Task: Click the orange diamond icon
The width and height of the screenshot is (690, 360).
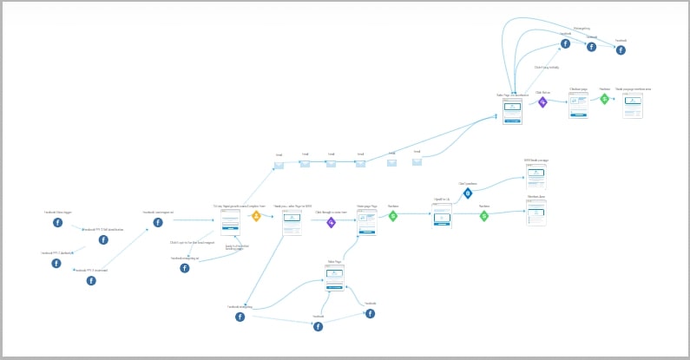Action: [256, 216]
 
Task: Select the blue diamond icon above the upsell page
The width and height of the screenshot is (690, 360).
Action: [468, 193]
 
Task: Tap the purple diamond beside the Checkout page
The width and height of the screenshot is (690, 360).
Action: [543, 101]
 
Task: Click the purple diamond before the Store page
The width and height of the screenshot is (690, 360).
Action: [331, 222]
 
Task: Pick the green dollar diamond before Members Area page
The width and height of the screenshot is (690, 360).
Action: [484, 216]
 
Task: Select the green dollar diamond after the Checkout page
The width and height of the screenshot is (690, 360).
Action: [605, 99]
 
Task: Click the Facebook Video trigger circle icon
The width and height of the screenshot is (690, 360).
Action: [58, 223]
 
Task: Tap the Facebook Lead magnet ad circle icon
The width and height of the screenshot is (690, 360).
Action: [158, 223]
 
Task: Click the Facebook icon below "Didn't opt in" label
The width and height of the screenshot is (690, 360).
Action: [185, 269]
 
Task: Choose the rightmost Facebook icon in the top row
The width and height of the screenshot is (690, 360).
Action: [621, 50]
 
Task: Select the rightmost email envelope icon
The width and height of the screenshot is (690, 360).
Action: [417, 161]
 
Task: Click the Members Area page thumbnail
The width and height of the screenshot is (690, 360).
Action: [536, 213]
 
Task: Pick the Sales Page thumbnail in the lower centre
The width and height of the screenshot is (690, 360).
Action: [335, 277]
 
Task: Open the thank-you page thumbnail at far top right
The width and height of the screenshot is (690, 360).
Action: [633, 105]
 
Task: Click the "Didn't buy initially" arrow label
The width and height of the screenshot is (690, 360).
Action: [547, 67]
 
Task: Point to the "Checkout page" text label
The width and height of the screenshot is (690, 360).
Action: [579, 88]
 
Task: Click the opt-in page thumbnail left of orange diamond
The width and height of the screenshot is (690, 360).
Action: [230, 222]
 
